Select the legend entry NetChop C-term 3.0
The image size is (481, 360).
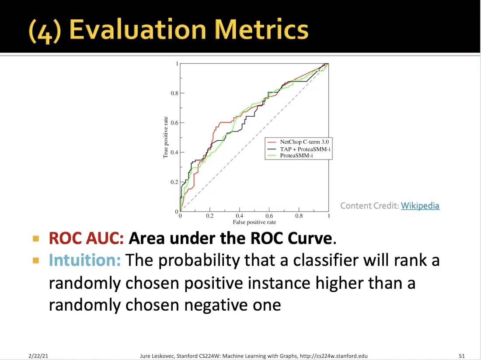coord(304,142)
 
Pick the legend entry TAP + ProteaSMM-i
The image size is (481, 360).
coord(305,149)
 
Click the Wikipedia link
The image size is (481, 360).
coord(420,205)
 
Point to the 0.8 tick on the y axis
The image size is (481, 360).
coord(174,93)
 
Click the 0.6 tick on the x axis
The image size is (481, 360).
coord(269,216)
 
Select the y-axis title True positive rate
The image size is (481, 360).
coord(166,137)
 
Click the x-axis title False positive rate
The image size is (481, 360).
coord(254,222)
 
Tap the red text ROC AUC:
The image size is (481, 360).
coord(87,238)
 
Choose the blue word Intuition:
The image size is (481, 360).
coord(84,260)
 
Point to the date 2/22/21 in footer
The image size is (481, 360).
coord(38,356)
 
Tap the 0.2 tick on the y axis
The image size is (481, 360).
coord(174,182)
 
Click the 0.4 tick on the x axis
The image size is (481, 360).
coord(239,216)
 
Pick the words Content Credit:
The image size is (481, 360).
coord(369,205)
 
